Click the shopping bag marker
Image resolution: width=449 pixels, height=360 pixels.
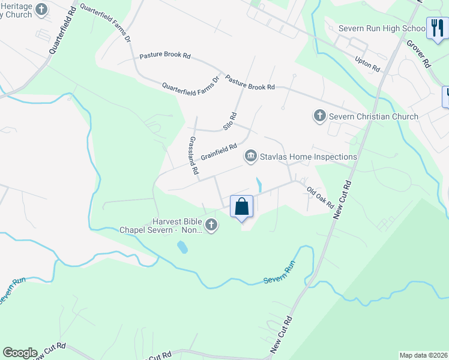(x=242, y=207)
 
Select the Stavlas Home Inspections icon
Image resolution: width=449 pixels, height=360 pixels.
(x=250, y=157)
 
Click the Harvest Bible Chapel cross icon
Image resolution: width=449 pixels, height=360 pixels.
(x=211, y=226)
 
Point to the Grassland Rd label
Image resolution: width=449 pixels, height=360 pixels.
(x=193, y=155)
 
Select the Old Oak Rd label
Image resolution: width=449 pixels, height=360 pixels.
(x=320, y=198)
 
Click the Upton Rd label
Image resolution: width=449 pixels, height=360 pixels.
(x=367, y=65)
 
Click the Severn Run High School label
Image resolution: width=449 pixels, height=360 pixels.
(x=382, y=28)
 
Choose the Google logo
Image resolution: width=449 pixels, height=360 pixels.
(x=20, y=353)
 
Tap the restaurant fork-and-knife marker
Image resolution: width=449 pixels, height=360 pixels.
(x=436, y=28)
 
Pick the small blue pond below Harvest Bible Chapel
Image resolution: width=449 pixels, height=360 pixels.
(x=182, y=247)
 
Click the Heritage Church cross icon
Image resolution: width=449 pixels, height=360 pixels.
(x=41, y=9)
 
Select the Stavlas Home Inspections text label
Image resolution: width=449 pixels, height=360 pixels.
(x=308, y=157)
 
